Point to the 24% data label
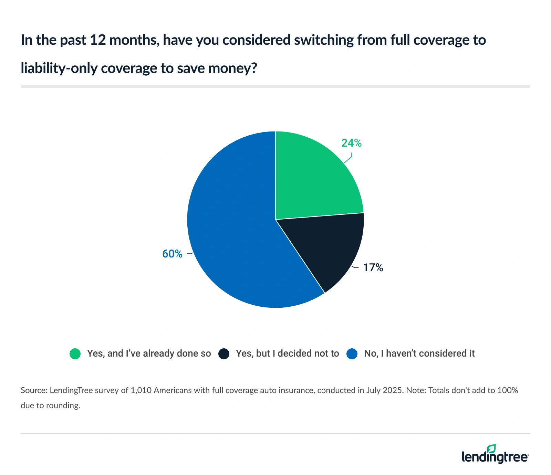click(351, 143)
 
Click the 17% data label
click(373, 268)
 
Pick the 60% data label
click(172, 254)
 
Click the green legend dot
click(75, 354)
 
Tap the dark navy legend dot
click(224, 354)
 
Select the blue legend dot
click(352, 354)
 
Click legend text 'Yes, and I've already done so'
click(149, 354)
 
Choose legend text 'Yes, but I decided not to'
click(287, 354)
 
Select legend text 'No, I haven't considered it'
click(419, 354)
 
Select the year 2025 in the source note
click(393, 391)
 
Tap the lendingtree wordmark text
click(495, 457)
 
